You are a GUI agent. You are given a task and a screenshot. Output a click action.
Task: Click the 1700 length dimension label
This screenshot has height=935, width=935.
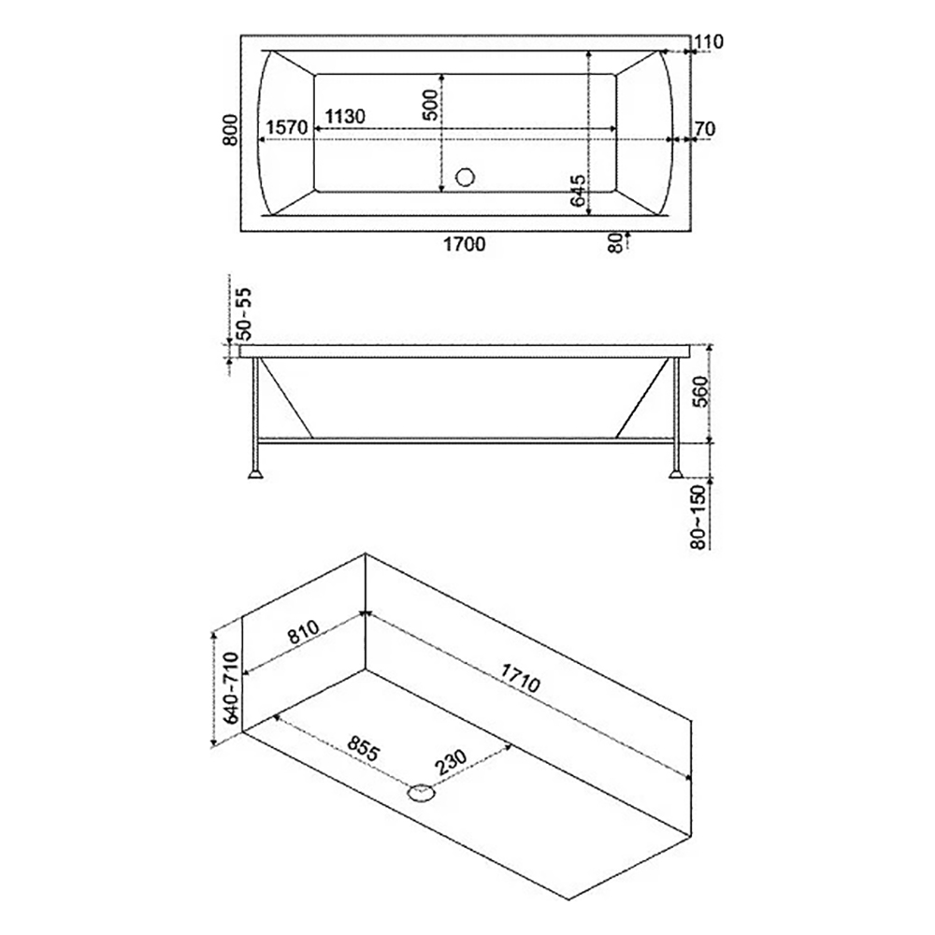pyautogui.click(x=465, y=243)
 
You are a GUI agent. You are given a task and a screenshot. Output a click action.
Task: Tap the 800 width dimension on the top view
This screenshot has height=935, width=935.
pyautogui.click(x=230, y=130)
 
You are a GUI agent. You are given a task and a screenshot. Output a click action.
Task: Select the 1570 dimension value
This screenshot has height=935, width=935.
pyautogui.click(x=287, y=127)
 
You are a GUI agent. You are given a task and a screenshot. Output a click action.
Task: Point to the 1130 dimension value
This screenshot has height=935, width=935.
pyautogui.click(x=345, y=116)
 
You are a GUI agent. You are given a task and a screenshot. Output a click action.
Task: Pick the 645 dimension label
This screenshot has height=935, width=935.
pyautogui.click(x=577, y=190)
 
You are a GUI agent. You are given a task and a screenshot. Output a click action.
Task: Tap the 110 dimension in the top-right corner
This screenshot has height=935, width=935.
pyautogui.click(x=709, y=42)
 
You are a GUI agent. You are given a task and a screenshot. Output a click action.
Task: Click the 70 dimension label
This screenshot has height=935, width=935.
pyautogui.click(x=705, y=129)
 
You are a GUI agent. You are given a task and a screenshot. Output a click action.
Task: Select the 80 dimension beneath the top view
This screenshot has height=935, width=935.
pyautogui.click(x=615, y=242)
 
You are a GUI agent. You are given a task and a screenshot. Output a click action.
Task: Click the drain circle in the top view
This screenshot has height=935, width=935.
pyautogui.click(x=465, y=177)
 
